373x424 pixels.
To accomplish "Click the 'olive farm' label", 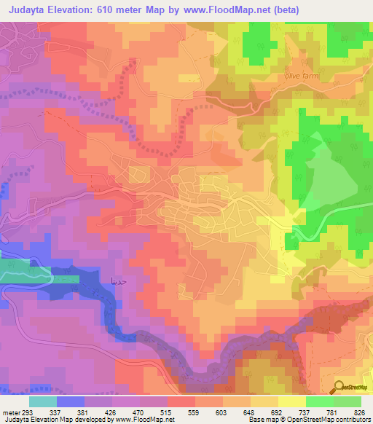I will [x=301, y=75].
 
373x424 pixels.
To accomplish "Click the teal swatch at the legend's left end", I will [x=43, y=402].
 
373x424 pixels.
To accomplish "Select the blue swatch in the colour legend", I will [x=71, y=402].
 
